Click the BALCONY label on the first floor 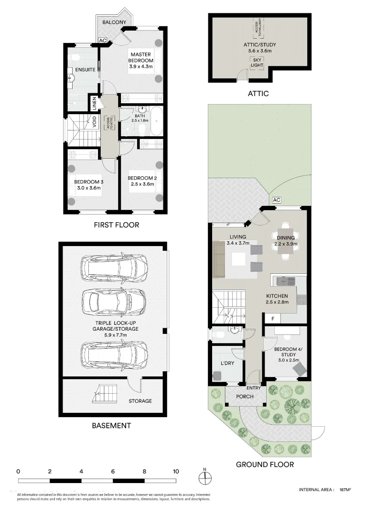[x=114, y=22]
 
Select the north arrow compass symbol [x=204, y=477]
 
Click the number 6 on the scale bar [x=113, y=471]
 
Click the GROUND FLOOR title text [x=265, y=464]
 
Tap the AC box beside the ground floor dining [x=276, y=200]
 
